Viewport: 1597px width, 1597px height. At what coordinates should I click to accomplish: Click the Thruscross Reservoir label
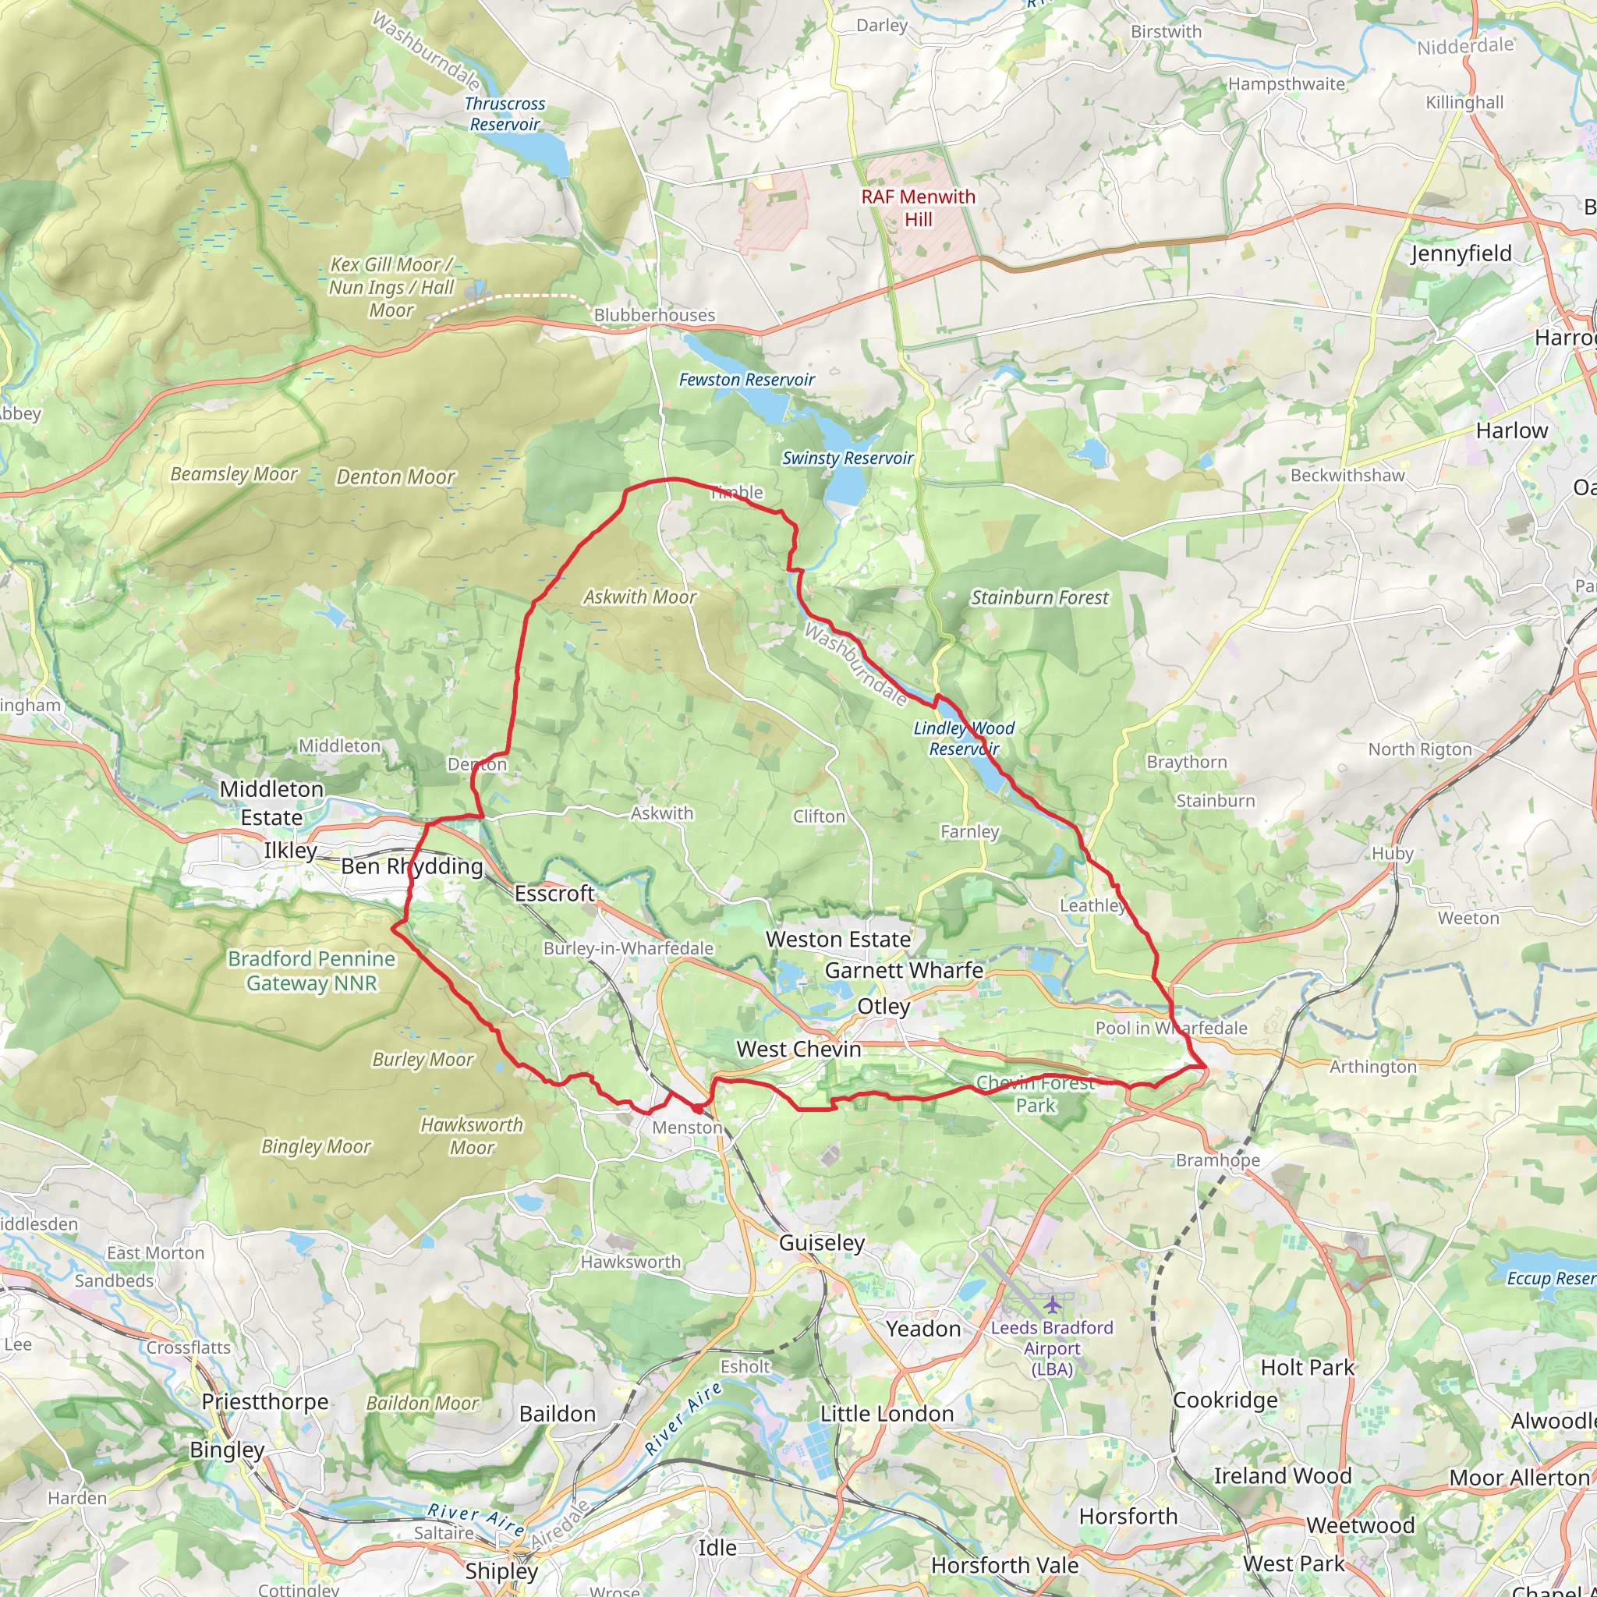[x=505, y=114]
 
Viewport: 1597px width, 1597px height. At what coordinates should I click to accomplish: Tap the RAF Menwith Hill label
[x=918, y=207]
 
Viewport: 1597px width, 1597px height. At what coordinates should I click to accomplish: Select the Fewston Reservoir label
[x=745, y=380]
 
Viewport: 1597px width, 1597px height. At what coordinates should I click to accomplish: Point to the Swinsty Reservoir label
[x=848, y=458]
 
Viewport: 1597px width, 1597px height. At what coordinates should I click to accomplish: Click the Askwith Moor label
[x=639, y=597]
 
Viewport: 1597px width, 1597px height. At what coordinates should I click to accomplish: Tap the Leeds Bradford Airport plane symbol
[x=1050, y=1305]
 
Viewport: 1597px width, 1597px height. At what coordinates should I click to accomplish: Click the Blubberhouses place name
[x=653, y=315]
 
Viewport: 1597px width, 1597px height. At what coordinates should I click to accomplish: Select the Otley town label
[x=883, y=1007]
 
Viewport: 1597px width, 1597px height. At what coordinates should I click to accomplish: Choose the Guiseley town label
[x=822, y=1242]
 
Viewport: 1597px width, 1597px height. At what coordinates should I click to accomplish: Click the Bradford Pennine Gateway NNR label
[x=312, y=970]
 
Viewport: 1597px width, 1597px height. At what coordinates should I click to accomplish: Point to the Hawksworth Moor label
[x=471, y=1135]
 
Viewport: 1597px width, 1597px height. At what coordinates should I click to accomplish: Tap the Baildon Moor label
[x=423, y=1403]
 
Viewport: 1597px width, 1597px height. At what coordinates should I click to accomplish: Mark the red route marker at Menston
[x=698, y=1110]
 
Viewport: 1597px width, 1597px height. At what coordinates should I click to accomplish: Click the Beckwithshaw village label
[x=1347, y=476]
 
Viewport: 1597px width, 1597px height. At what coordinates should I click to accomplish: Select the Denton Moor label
[x=395, y=477]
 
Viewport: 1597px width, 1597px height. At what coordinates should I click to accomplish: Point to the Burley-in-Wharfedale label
[x=628, y=948]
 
